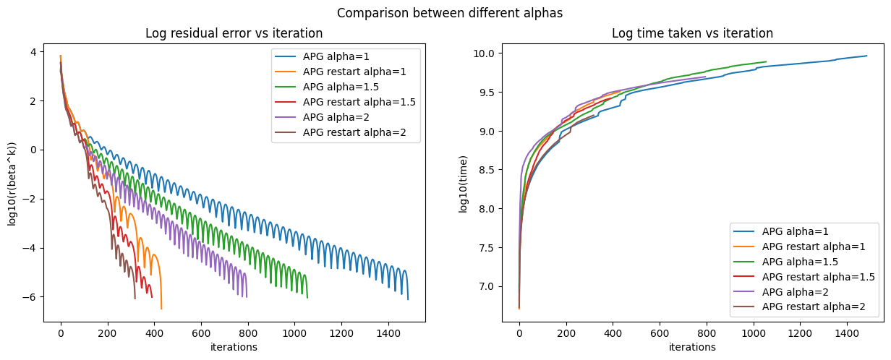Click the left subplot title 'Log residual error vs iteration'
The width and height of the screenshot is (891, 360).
[234, 33]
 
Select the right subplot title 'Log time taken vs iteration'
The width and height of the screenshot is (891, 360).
[692, 33]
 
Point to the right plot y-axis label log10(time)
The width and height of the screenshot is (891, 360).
[463, 184]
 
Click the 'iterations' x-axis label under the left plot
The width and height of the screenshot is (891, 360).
[234, 347]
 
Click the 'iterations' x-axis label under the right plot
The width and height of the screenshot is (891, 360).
[692, 347]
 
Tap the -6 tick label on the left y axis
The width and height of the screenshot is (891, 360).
[33, 297]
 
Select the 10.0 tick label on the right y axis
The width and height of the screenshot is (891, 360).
[484, 53]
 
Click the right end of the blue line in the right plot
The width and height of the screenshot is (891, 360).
[866, 56]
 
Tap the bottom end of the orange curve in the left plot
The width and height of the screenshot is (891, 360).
[161, 309]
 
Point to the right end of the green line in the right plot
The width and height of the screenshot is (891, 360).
[766, 61]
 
